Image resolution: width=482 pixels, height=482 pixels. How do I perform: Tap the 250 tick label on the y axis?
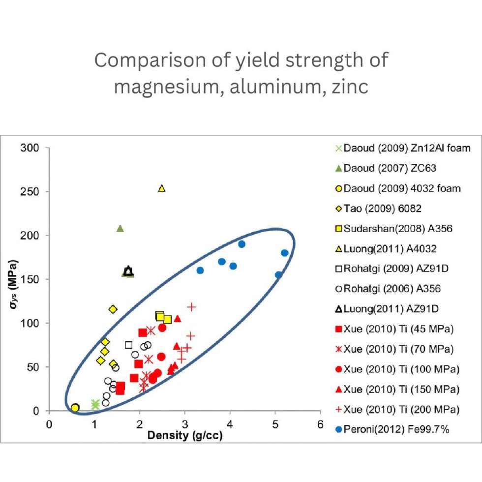(31, 191)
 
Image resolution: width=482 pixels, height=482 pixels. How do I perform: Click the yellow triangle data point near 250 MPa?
(162, 188)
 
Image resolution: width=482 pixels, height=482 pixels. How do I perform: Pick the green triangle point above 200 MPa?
(120, 228)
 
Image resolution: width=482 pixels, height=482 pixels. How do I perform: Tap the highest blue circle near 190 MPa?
(241, 244)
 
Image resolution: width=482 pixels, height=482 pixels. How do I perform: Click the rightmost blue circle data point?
(285, 253)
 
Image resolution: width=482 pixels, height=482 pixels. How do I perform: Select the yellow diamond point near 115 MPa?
(113, 309)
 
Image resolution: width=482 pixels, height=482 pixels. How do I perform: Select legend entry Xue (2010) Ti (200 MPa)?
(401, 409)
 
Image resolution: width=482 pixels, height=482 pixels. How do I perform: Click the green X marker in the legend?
(338, 148)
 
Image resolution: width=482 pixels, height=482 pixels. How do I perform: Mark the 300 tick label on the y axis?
(31, 148)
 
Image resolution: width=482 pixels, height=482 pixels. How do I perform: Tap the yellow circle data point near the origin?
(75, 408)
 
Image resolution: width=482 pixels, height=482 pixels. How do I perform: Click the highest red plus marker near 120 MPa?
(192, 306)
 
